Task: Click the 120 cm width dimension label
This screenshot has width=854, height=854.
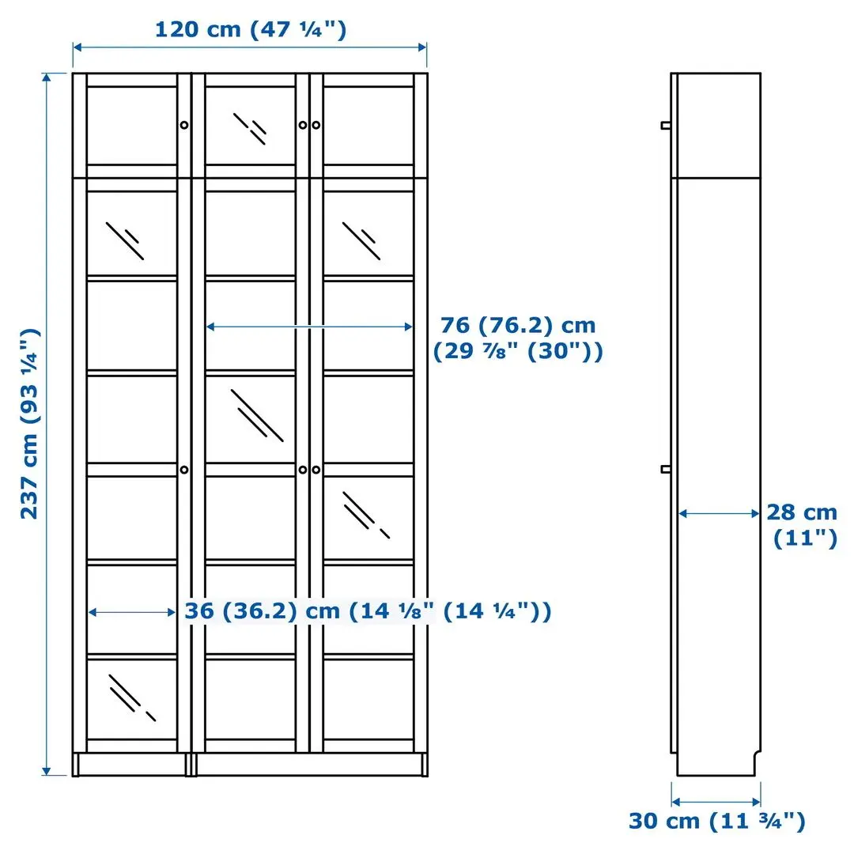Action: click(250, 30)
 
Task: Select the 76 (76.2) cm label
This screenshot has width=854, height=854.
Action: click(518, 325)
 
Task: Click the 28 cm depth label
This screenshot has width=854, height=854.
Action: click(801, 512)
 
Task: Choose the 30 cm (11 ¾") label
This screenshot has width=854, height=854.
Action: click(716, 821)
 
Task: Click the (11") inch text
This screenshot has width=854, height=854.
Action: click(804, 539)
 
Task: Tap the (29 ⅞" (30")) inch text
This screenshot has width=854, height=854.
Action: click(518, 352)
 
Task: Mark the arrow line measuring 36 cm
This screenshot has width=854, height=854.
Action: click(132, 612)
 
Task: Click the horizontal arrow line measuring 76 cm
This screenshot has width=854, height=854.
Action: click(309, 326)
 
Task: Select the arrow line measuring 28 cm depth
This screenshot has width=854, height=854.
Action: click(719, 514)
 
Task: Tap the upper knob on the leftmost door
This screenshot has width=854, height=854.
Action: click(184, 125)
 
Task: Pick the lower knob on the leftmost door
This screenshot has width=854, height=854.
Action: click(184, 470)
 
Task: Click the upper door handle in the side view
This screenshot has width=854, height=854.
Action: click(667, 125)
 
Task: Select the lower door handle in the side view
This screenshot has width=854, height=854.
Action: click(667, 470)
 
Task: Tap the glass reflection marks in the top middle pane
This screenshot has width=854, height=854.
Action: click(250, 128)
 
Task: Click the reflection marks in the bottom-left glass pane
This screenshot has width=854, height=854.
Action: click(131, 697)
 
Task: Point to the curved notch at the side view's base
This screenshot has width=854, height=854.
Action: click(756, 759)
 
